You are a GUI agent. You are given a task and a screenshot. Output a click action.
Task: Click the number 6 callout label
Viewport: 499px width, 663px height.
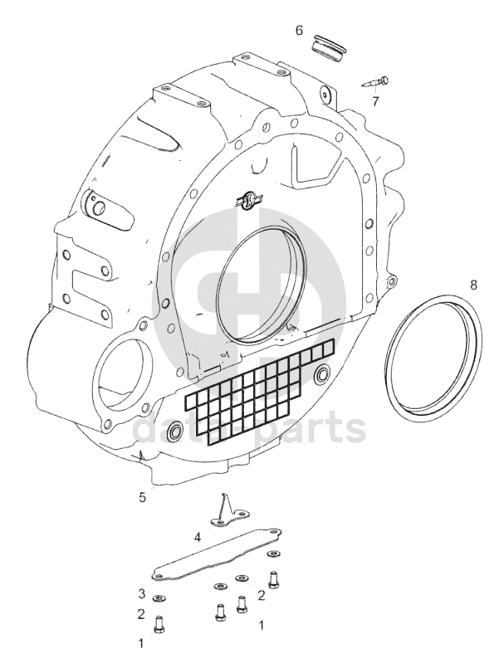299,30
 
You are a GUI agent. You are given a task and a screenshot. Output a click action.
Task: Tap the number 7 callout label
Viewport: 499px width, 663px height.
375,101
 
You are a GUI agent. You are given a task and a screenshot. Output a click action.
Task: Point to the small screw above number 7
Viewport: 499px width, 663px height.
375,82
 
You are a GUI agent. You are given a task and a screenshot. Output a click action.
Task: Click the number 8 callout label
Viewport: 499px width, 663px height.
473,285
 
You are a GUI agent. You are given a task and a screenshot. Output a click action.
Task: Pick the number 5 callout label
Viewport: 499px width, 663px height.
142,497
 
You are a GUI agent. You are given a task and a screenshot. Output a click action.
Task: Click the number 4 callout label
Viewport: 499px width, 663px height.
198,537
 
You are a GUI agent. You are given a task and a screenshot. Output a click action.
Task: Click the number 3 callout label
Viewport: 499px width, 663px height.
142,593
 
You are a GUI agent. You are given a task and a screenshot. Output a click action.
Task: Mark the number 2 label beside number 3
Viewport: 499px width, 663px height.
142,614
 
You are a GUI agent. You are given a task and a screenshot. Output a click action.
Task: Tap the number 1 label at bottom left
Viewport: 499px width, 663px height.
141,642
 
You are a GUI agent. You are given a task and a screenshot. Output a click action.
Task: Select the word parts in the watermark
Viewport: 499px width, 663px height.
310,429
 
